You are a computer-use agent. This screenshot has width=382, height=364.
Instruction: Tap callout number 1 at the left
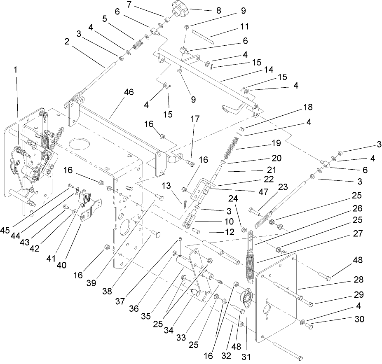[x=16, y=70]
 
